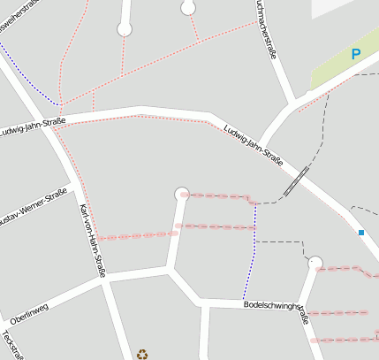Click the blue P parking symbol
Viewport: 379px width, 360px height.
356,54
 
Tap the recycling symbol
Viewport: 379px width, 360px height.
142,354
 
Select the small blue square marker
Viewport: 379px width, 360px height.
361,233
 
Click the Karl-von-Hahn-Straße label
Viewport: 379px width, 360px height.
93,240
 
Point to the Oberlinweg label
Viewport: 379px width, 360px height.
29,310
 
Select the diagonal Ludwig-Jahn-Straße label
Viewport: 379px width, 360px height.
254,147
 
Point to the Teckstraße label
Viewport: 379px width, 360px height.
11,345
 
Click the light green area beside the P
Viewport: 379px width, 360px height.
331,66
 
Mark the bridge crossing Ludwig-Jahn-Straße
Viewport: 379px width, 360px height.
297,180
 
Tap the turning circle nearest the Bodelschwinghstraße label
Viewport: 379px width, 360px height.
315,263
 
